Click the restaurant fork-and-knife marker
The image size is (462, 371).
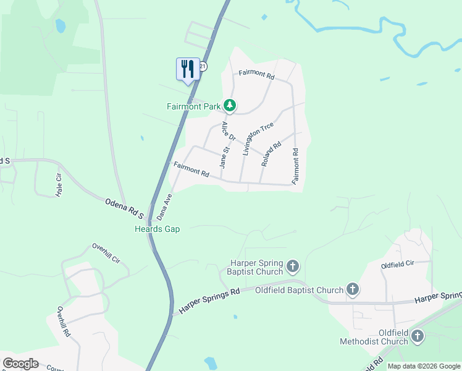click(x=188, y=69)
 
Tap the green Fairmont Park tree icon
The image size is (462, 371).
click(x=230, y=106)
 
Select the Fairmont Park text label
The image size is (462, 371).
click(x=194, y=106)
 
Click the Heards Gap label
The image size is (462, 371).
click(x=157, y=229)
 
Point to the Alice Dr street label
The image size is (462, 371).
click(x=229, y=132)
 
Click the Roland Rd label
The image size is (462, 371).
click(x=271, y=153)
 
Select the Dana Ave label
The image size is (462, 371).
click(x=164, y=207)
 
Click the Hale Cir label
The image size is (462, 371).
click(x=59, y=184)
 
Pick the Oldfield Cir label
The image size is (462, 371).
click(x=397, y=265)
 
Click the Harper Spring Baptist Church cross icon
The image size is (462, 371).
click(x=293, y=267)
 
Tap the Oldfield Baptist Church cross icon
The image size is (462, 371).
click(x=353, y=289)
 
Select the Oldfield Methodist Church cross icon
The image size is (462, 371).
click(x=418, y=336)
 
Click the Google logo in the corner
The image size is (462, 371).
click(x=20, y=364)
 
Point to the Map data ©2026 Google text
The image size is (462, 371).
click(x=423, y=366)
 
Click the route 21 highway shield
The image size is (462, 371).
click(x=203, y=66)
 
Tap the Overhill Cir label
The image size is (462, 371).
click(x=109, y=254)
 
